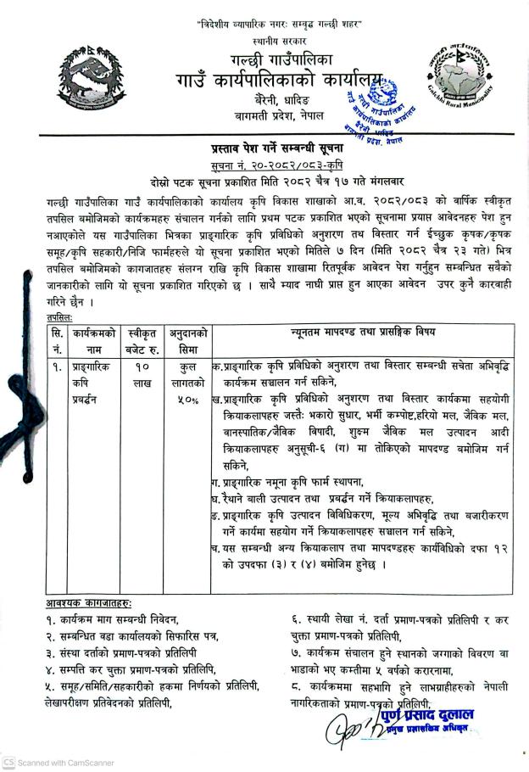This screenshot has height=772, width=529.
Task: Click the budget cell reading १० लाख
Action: click(142, 377)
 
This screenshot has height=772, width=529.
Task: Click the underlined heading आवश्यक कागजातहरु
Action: click(89, 603)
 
